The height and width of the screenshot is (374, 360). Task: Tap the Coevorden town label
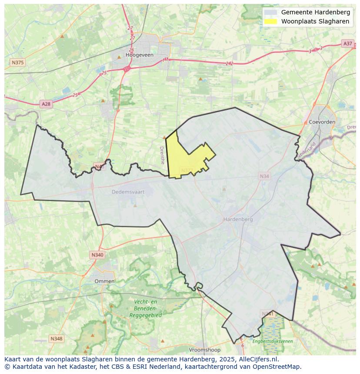pos(322,122)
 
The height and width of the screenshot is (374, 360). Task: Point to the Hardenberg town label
pos(238,219)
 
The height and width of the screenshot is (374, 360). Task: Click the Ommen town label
pos(104,281)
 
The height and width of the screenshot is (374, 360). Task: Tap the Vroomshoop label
pos(205,350)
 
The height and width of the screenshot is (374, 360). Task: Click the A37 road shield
pos(347,43)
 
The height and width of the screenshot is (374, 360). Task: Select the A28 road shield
pos(46,104)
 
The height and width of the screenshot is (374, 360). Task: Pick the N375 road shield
pos(17,63)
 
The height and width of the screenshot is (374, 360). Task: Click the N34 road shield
pos(264,176)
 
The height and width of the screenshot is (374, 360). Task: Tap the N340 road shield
pos(97,255)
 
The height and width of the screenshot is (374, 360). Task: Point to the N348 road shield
pos(56,338)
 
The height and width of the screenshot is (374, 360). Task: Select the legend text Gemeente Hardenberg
pos(315,12)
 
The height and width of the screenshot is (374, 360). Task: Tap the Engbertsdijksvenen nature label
pos(273,341)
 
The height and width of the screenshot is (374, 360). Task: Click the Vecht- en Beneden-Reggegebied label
pos(145,308)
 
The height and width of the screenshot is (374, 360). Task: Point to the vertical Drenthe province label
pos(162,155)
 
